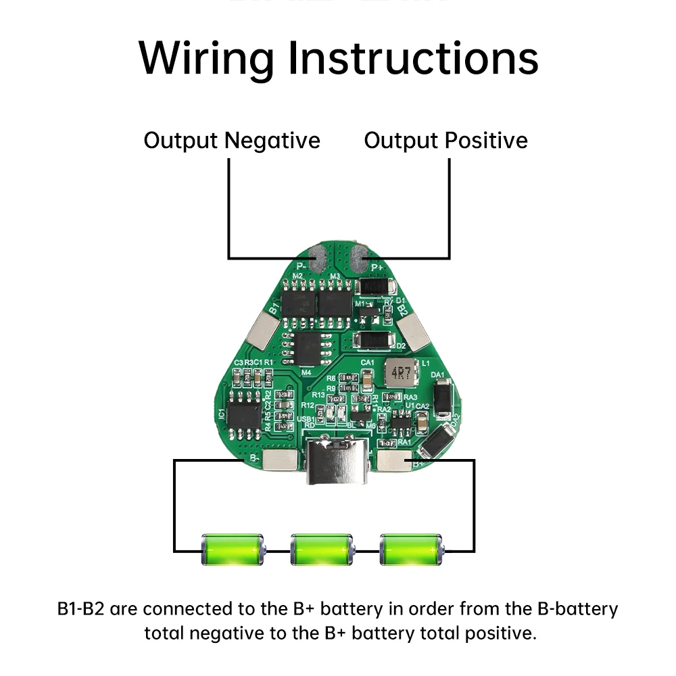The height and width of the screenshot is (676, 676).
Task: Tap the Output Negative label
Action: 232,141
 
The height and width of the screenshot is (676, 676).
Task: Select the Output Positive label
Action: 445,141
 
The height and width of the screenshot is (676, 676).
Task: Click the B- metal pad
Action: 281,460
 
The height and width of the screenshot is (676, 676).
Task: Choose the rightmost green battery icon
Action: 411,549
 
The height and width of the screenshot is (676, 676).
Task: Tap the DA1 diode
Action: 442,399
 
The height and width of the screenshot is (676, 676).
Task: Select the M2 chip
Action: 299,299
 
